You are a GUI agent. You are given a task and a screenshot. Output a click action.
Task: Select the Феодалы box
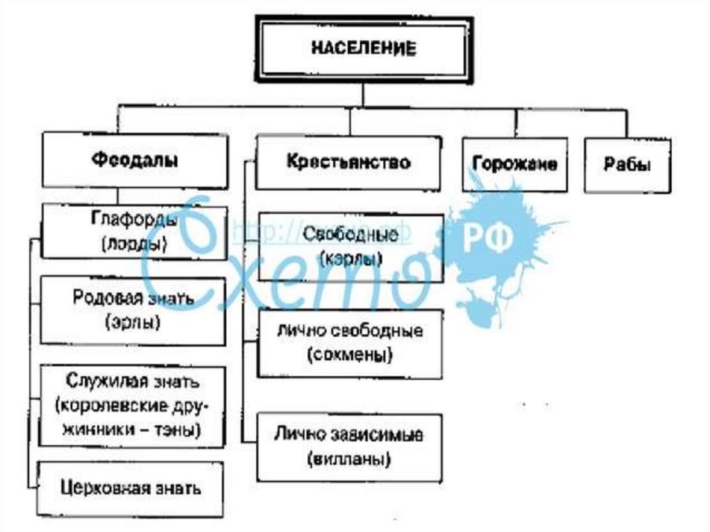coord(135,160)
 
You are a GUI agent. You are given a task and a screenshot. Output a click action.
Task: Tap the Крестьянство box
coord(348,162)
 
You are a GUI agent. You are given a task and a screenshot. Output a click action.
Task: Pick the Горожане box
coord(514,164)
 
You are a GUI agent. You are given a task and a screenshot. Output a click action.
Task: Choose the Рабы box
coord(627,166)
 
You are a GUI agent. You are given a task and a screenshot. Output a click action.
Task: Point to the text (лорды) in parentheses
coord(134,243)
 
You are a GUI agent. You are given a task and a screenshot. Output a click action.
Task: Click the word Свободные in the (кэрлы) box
coord(351,234)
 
